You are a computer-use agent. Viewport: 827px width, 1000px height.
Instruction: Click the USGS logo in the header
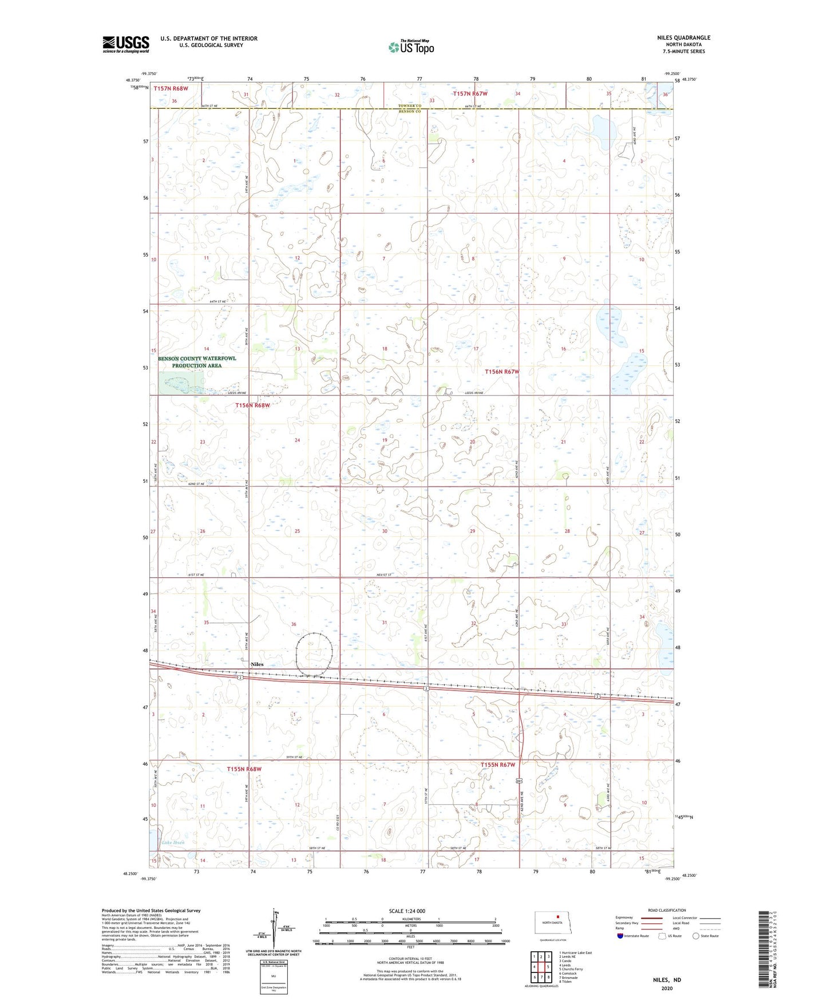(x=126, y=44)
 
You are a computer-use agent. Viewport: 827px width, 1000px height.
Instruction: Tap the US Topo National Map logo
(x=410, y=47)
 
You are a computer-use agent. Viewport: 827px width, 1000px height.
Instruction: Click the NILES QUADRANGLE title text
(x=683, y=38)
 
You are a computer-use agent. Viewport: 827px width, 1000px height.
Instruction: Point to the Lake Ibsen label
(x=173, y=842)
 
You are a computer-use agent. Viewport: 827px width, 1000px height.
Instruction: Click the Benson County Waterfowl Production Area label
(x=197, y=362)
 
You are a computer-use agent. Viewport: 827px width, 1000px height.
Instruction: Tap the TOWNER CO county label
(x=410, y=106)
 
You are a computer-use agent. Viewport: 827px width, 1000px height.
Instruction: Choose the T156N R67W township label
(x=502, y=372)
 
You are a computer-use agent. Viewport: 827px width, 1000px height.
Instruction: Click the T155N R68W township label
(x=244, y=769)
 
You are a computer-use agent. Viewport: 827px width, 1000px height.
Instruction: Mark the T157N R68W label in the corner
(x=171, y=89)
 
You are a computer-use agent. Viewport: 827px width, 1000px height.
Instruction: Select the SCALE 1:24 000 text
(x=407, y=911)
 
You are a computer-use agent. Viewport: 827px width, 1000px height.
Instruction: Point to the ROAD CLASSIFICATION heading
(x=667, y=910)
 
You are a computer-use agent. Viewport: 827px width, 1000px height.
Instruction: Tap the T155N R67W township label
(x=498, y=765)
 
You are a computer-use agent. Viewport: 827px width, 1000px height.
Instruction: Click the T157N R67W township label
(x=470, y=93)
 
